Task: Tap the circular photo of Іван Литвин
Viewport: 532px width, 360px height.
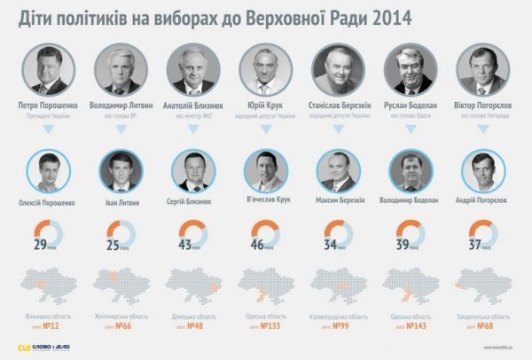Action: (x=120, y=171)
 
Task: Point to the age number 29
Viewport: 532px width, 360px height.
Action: (x=41, y=243)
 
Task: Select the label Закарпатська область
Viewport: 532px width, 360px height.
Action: (x=484, y=316)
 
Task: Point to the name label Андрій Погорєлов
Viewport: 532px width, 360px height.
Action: (x=484, y=201)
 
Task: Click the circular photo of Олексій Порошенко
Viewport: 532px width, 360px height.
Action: (x=47, y=171)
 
